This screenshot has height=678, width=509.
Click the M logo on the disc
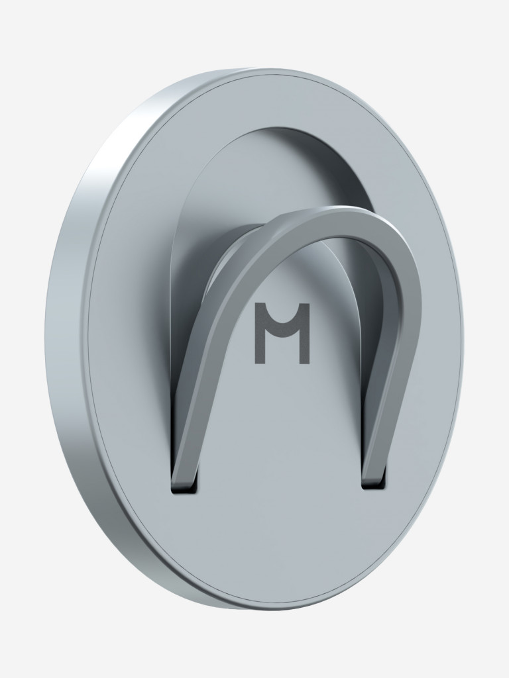(x=282, y=333)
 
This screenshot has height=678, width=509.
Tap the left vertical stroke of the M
(x=260, y=333)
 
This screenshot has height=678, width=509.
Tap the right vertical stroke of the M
(x=305, y=333)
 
